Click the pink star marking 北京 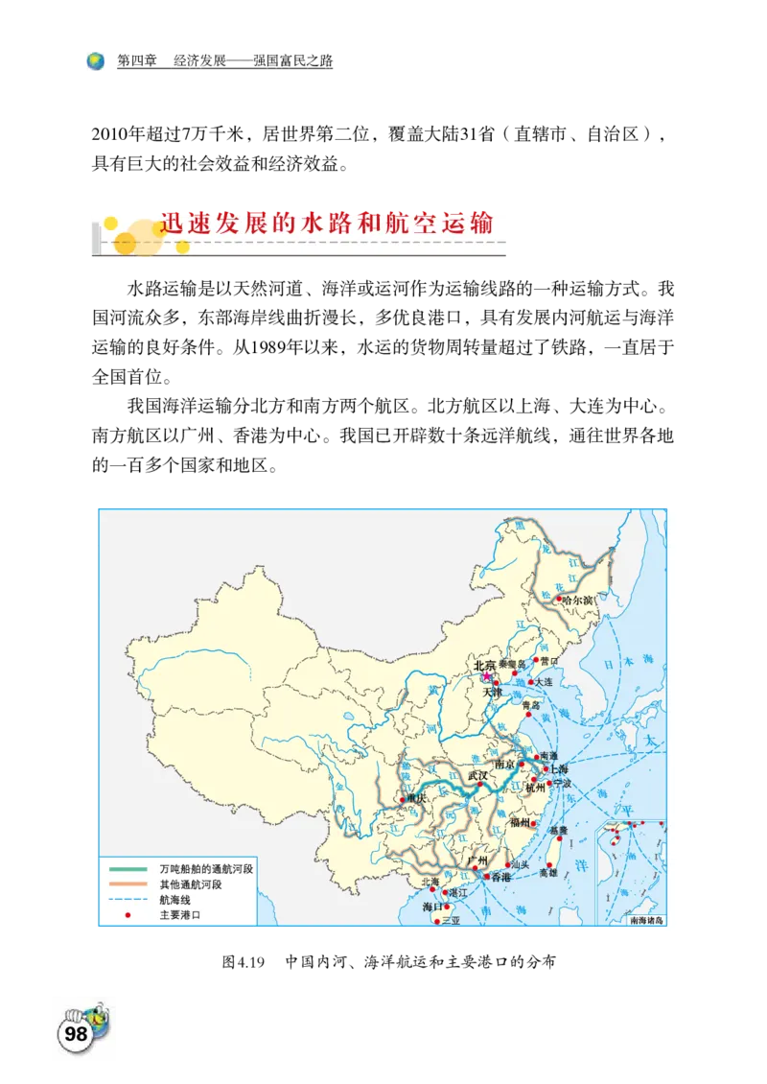486,675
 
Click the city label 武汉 476,775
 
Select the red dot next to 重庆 402,798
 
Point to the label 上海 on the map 559,769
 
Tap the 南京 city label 504,765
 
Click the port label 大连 544,681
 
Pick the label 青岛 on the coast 530,704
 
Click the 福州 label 521,822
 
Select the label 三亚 451,920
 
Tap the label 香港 501,877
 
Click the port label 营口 548,660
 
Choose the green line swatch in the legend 128,869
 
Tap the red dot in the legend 128,915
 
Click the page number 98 76,1034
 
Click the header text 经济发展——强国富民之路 253,61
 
